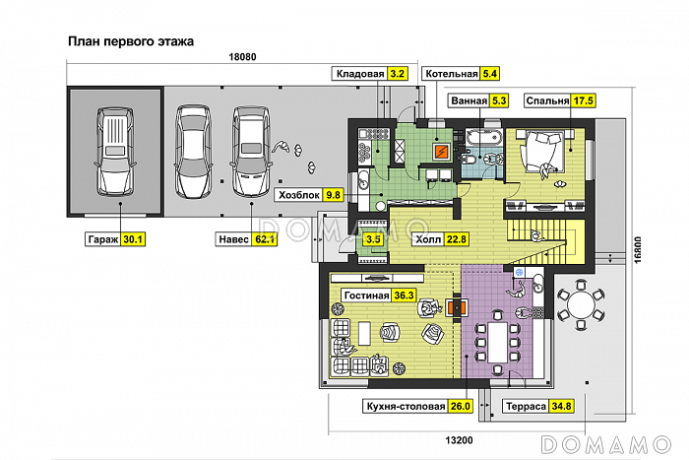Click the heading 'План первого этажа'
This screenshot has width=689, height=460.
[x=130, y=42]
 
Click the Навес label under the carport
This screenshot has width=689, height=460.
[x=233, y=237]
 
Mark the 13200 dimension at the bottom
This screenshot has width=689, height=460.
[x=461, y=438]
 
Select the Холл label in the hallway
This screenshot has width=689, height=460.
[x=428, y=237]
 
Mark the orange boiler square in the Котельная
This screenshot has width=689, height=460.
[x=442, y=151]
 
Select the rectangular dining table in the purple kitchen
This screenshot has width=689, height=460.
[x=497, y=340]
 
